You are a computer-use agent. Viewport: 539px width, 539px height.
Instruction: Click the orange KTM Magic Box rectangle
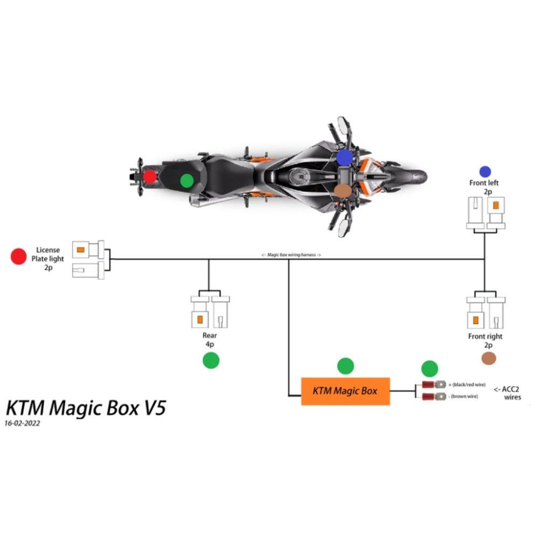point(345,391)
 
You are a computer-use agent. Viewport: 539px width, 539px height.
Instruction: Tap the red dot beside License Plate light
point(19,257)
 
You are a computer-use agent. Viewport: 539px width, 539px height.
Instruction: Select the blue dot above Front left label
point(484,171)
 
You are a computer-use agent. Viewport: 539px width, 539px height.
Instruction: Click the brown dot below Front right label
point(488,360)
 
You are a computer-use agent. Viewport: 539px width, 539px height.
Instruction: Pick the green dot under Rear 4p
point(211,361)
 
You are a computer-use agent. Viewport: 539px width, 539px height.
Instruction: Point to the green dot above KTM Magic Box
point(345,366)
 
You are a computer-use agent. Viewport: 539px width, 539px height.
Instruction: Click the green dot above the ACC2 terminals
point(429,369)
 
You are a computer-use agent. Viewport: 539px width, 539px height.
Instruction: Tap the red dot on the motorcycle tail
point(149,176)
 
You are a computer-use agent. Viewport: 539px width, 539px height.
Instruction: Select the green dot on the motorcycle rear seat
point(186,180)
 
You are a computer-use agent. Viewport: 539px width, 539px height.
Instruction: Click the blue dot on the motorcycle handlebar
point(344,157)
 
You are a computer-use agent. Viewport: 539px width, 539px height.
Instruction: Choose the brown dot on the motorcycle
point(342,190)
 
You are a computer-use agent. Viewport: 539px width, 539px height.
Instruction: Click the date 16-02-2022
point(22,424)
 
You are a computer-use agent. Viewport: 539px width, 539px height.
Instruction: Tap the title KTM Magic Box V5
point(85,407)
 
